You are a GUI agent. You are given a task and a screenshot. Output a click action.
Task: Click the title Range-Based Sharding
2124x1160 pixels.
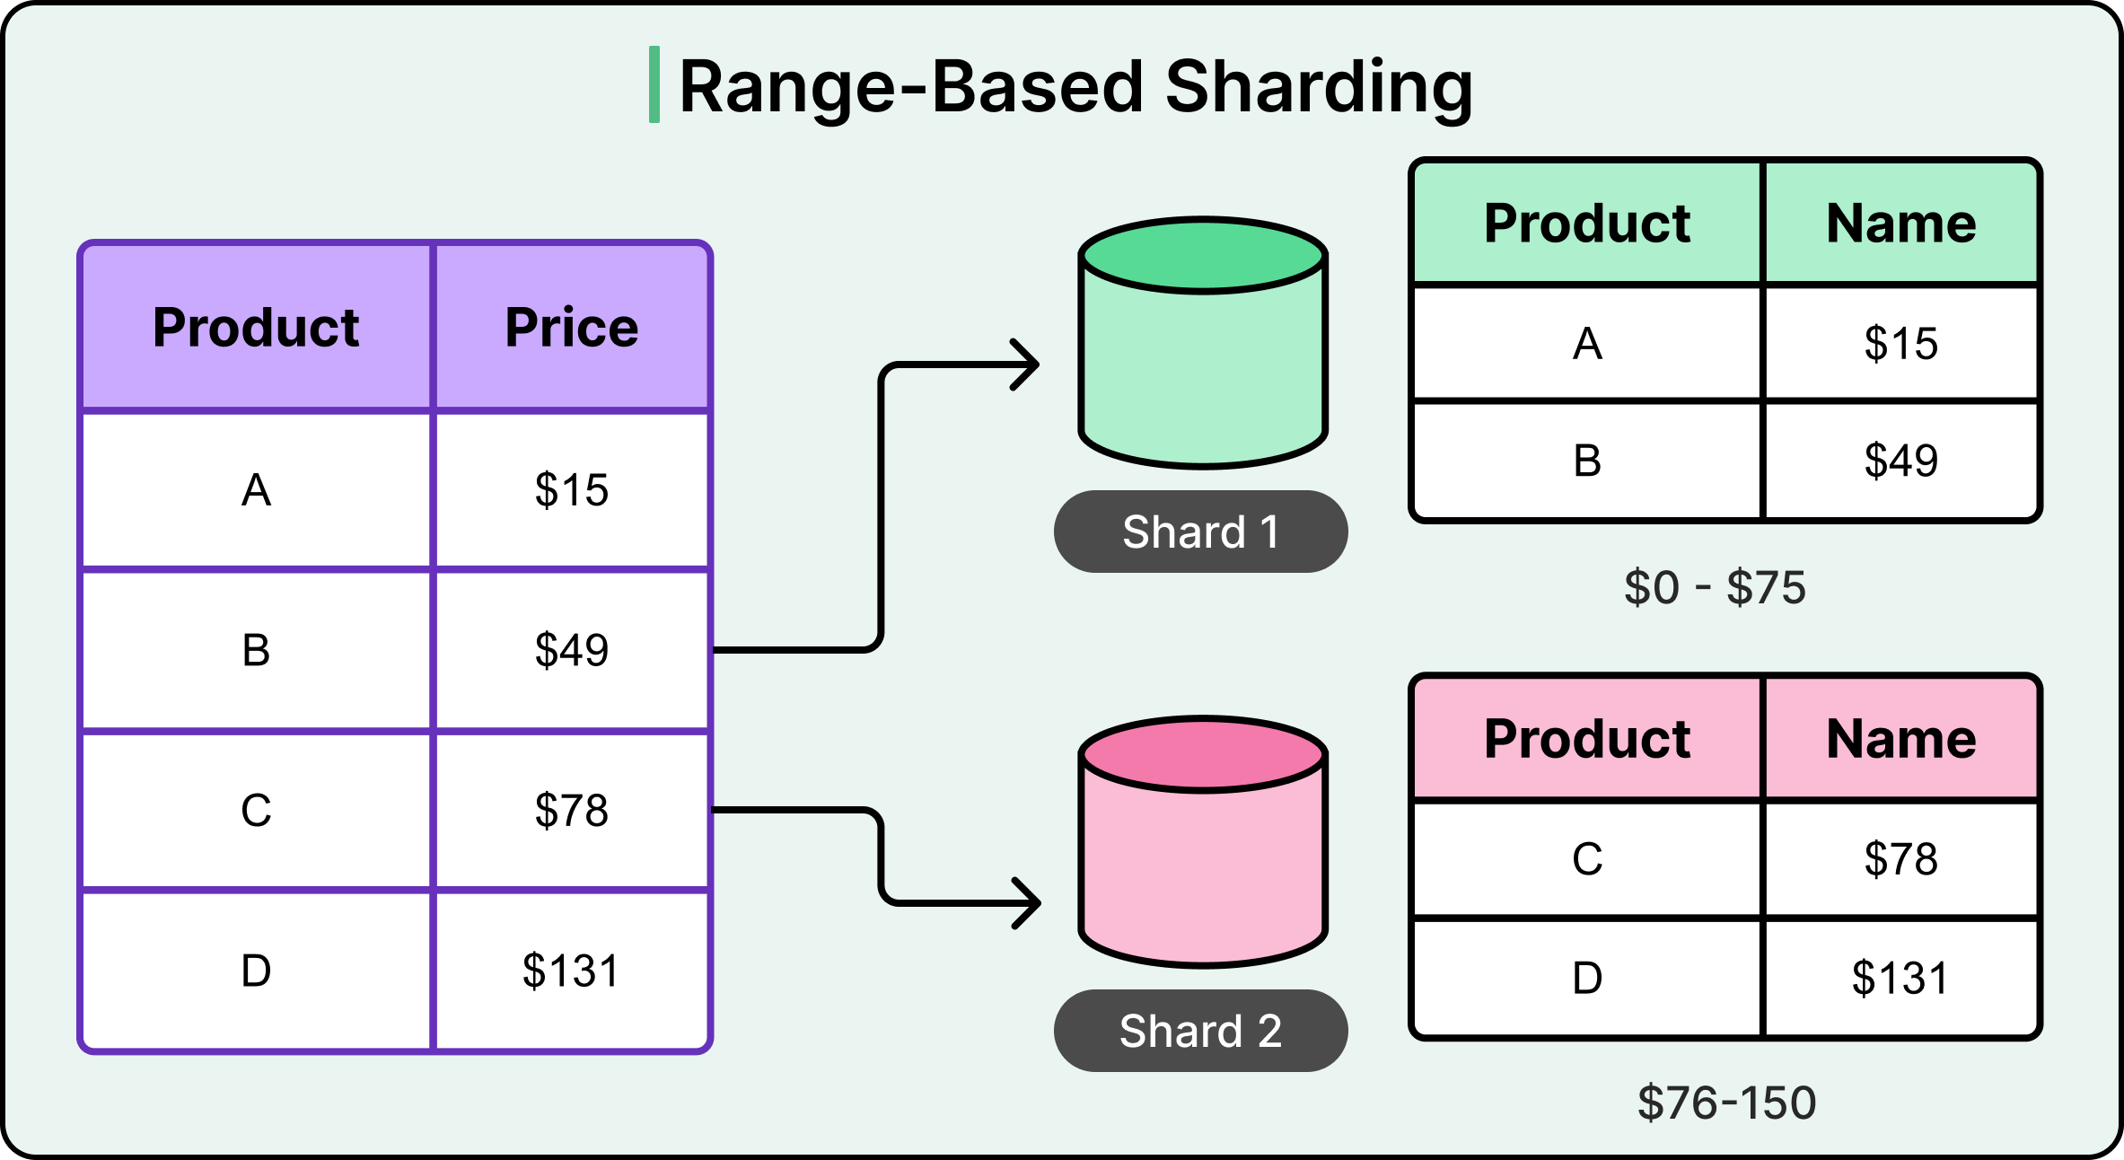1075,87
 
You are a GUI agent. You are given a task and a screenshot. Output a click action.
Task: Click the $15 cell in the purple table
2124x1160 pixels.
572,490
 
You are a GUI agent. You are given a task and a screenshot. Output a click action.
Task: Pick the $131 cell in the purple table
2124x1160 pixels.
572,971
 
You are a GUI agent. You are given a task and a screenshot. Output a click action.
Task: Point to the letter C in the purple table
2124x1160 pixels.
256,811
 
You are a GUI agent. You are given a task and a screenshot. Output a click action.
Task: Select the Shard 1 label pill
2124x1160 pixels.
1200,532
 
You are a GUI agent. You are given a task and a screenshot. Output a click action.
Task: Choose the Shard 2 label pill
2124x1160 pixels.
1200,1031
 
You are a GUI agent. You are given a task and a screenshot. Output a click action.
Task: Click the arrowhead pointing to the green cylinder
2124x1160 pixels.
1029,365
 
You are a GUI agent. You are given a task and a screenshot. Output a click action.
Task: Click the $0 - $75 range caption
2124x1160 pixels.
1715,588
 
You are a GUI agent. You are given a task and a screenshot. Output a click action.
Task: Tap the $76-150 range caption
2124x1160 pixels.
1726,1103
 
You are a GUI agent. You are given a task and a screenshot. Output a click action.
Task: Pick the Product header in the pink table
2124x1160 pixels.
1587,739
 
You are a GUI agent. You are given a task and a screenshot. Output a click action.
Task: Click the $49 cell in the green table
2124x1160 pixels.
1901,461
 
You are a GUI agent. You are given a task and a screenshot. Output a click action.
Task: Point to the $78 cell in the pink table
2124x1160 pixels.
1901,859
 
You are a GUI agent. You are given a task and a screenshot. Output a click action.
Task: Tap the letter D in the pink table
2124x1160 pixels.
1587,978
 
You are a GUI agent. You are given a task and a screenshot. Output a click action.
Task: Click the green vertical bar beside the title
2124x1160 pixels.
654,84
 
